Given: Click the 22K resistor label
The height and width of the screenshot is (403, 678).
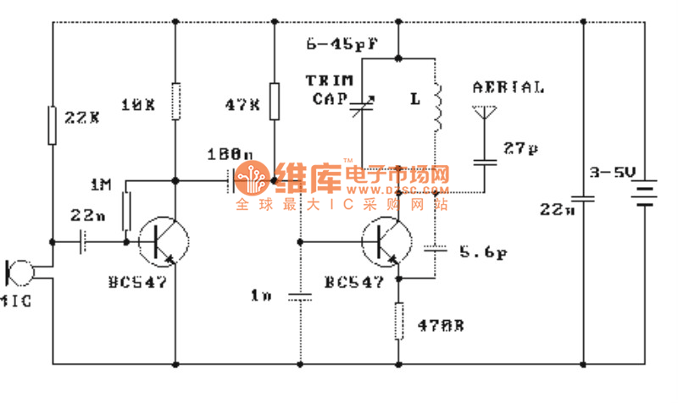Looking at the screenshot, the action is pyautogui.click(x=83, y=118).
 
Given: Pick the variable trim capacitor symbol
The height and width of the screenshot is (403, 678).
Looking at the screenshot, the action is pyautogui.click(x=363, y=108).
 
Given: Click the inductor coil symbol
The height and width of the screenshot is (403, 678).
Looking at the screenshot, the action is pyautogui.click(x=438, y=109).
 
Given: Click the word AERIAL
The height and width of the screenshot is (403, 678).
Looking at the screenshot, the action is pyautogui.click(x=508, y=87).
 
